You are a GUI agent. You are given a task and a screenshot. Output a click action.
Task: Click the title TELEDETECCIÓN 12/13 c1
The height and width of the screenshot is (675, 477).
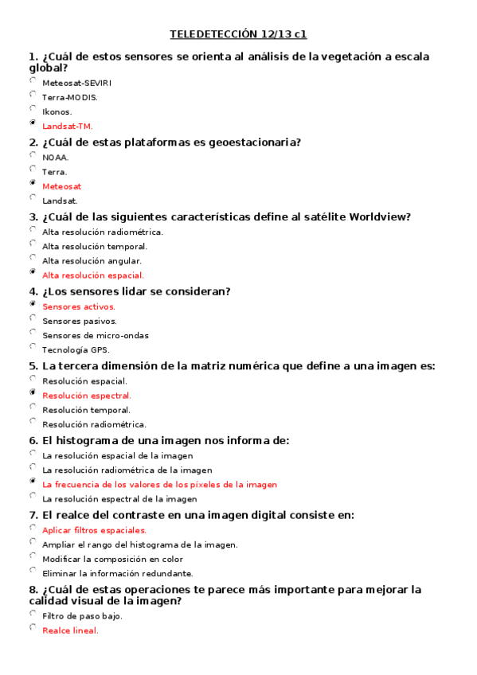(238, 34)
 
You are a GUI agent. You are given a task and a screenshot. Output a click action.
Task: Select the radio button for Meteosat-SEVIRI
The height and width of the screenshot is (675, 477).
(33, 80)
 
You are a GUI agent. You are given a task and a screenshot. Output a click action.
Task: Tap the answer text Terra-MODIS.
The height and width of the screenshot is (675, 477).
(70, 97)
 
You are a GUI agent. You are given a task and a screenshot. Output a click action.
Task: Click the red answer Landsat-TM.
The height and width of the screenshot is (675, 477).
(68, 126)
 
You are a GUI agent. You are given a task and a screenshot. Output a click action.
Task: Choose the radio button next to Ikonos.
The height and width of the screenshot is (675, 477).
(33, 108)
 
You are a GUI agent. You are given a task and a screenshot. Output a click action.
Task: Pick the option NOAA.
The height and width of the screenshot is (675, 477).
(56, 158)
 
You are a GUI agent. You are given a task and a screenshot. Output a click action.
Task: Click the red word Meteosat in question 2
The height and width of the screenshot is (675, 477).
(61, 186)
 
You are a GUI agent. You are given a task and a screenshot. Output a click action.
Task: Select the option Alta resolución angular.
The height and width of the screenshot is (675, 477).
(92, 260)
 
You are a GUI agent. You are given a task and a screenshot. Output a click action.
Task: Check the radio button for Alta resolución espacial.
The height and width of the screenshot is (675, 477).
(33, 272)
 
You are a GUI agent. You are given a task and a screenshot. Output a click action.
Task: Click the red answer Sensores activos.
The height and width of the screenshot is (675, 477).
(79, 306)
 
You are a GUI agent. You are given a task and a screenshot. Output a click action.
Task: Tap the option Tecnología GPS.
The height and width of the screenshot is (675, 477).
(76, 349)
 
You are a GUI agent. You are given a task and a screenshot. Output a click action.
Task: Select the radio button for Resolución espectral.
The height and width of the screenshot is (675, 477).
(33, 392)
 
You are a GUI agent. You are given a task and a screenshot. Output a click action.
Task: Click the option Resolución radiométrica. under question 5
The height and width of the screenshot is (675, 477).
(94, 424)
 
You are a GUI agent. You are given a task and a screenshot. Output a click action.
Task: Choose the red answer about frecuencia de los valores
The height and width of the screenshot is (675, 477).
(159, 484)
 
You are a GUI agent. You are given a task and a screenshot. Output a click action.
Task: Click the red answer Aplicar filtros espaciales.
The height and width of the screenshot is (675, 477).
(94, 530)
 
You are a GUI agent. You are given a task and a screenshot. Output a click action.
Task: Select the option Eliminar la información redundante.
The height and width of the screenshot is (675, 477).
(118, 573)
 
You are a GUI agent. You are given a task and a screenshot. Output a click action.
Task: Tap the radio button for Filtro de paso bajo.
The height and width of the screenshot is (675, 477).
(33, 613)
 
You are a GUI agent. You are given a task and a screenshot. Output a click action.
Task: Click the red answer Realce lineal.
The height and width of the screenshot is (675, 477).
(70, 630)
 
